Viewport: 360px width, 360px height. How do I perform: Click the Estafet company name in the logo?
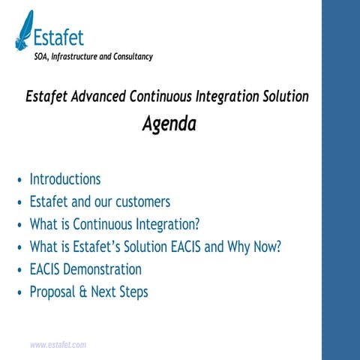pos(58,37)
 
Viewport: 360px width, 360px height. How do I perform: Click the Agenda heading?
pos(169,124)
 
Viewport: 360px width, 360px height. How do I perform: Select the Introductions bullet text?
pos(64,179)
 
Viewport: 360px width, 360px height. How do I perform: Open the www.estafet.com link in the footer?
pos(58,345)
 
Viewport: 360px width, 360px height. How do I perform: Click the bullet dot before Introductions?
pos(19,181)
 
